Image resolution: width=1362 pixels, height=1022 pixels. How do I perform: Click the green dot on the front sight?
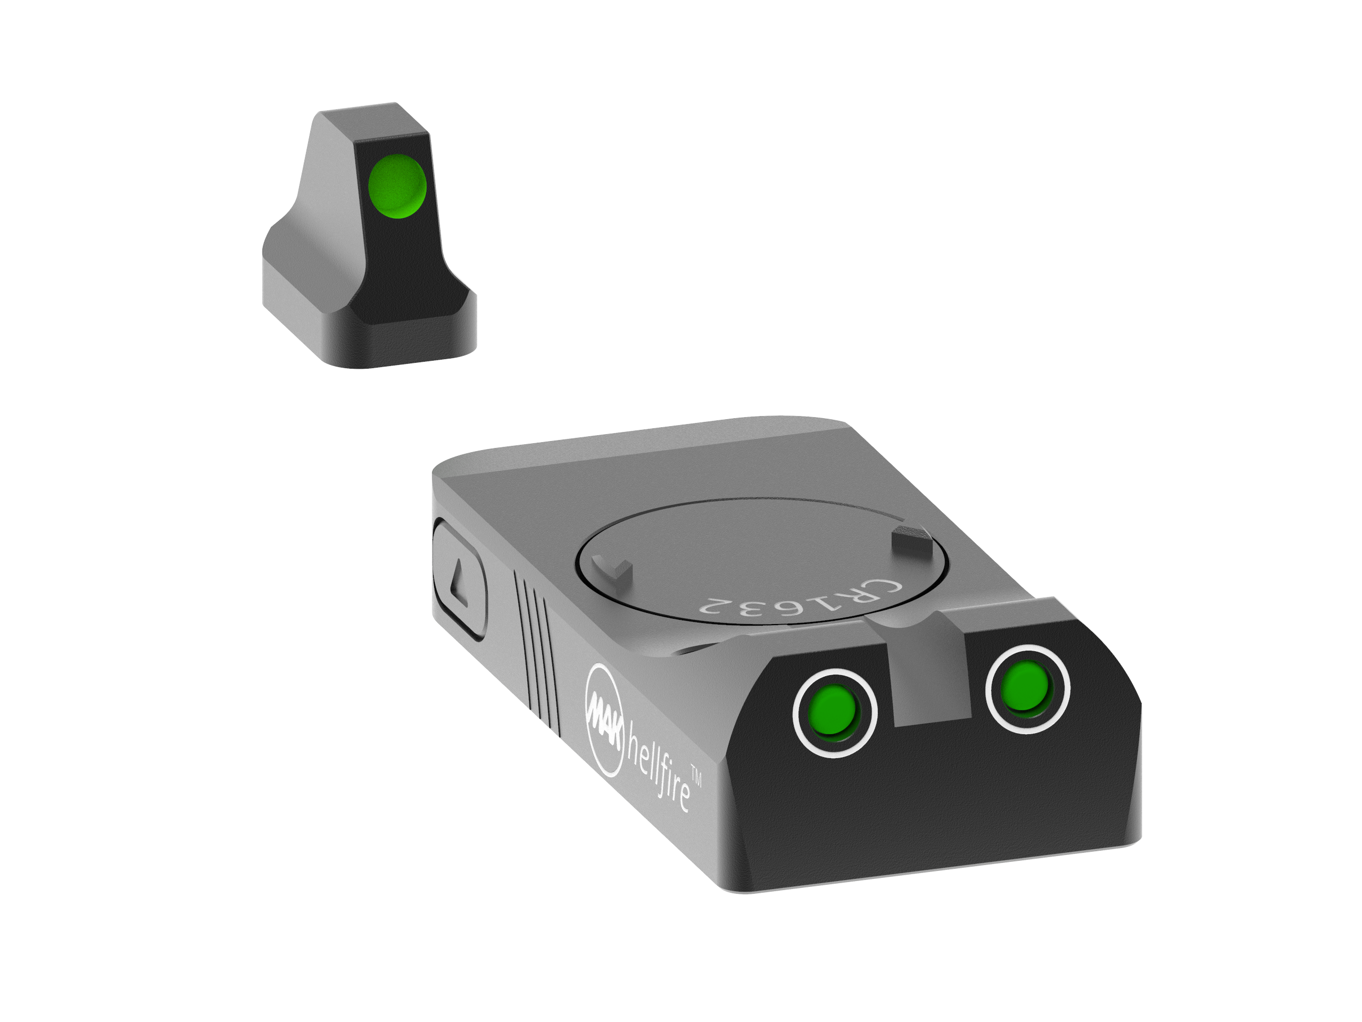point(396,186)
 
